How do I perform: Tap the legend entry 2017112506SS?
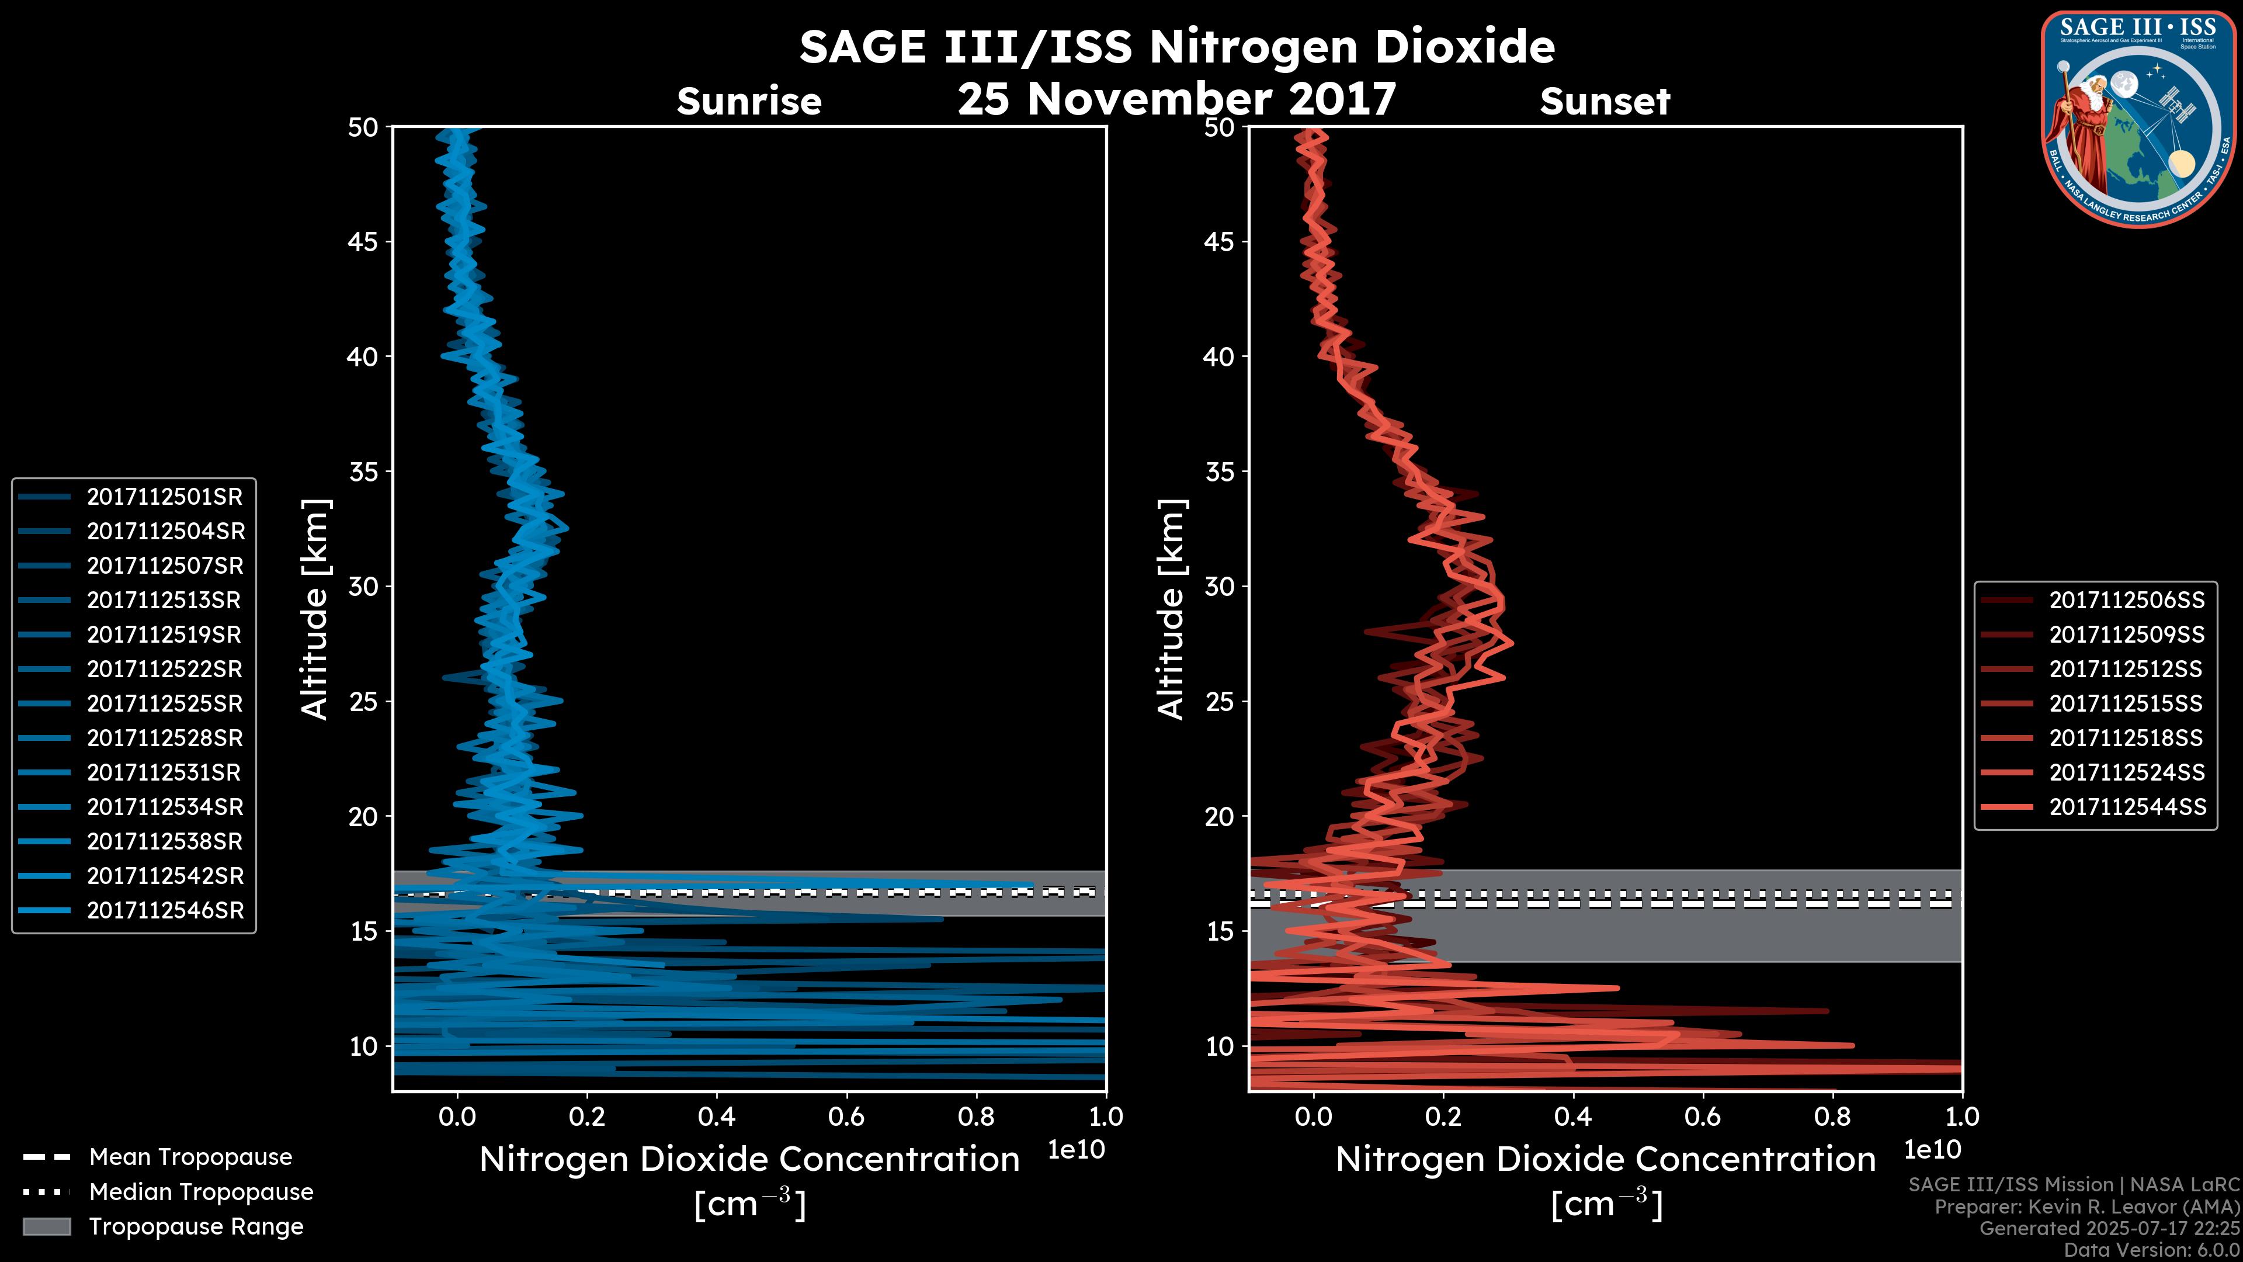tap(2126, 600)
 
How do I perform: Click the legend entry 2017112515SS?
tap(2126, 703)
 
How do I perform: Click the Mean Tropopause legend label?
tap(190, 1157)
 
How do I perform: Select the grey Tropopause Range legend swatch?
tap(46, 1227)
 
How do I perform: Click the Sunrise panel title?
tap(749, 102)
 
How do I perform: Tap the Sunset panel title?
tap(1605, 102)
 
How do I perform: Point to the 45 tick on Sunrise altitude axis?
tap(364, 242)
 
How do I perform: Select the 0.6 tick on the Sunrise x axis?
tap(846, 1117)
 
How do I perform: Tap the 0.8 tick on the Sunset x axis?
tap(1832, 1117)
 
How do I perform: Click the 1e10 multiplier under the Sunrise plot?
tap(1076, 1150)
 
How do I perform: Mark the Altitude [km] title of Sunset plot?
tap(1171, 609)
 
